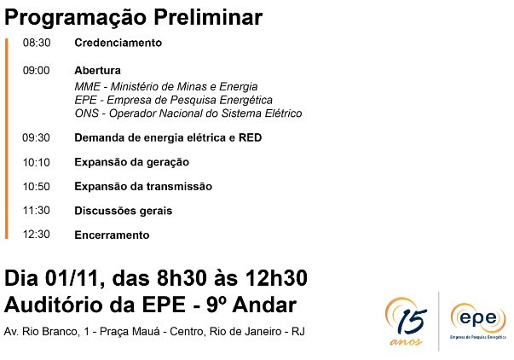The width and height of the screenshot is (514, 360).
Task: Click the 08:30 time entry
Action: pos(37,43)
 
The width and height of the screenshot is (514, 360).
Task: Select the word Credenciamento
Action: pos(118,43)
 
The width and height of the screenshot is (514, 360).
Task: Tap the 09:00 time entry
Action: pos(37,70)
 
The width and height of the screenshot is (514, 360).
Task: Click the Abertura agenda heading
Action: pos(98,70)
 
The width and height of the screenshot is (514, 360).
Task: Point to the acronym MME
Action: pos(87,87)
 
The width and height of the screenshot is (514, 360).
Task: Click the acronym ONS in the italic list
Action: pos(87,113)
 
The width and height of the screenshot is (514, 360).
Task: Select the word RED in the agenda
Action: pos(250,137)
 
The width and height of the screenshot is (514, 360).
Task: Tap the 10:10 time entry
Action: pos(37,162)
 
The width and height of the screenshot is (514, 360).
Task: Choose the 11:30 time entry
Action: pos(37,211)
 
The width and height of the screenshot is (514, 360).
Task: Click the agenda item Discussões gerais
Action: pos(124,211)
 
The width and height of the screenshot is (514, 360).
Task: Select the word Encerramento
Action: pos(112,235)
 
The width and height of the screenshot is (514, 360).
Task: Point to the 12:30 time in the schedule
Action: pos(37,235)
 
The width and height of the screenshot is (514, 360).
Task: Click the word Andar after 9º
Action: pos(264,305)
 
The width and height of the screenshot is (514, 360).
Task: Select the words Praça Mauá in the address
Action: pos(130,332)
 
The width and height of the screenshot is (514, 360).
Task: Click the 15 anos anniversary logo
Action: pos(407,322)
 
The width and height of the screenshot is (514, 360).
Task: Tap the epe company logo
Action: pos(478,321)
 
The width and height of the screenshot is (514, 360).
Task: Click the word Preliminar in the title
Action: pos(208,17)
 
